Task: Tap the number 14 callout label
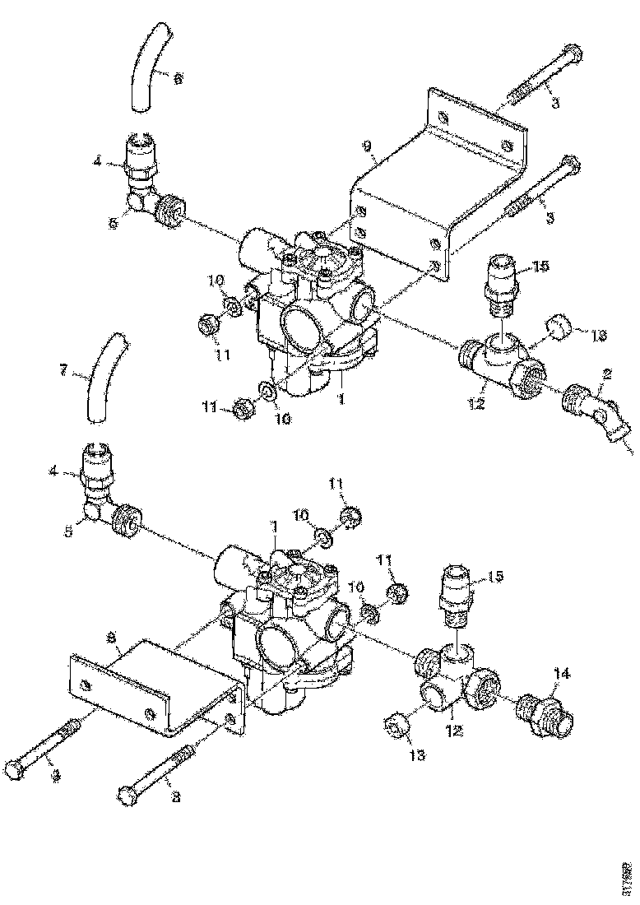tap(561, 673)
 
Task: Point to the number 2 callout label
tap(607, 374)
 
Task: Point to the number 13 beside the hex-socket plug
tap(418, 754)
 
